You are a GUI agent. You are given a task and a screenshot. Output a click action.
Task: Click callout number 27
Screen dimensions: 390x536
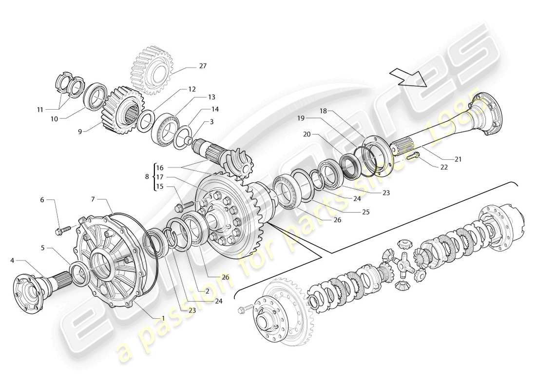pos(189,66)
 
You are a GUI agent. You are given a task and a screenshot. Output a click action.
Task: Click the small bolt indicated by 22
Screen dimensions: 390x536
pos(413,156)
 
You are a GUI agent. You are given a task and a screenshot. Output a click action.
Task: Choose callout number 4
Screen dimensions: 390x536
pos(12,260)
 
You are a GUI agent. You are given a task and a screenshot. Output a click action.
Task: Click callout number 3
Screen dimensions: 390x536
pos(211,122)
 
